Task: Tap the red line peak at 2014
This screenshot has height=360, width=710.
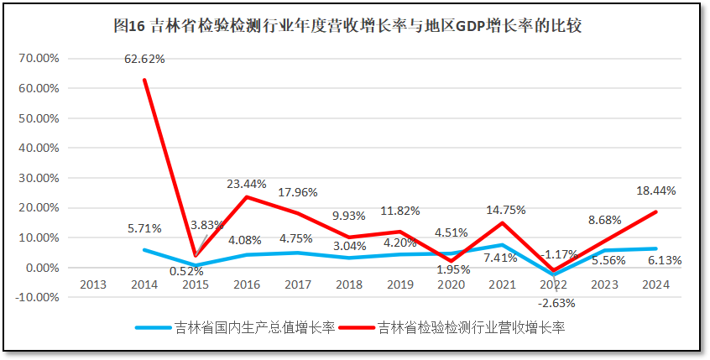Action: [x=144, y=80]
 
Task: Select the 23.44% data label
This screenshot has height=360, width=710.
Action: [x=248, y=184]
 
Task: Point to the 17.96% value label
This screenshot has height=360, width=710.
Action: [x=297, y=192]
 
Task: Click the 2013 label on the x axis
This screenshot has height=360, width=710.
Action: [x=92, y=284]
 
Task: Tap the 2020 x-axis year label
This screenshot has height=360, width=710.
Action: [x=452, y=284]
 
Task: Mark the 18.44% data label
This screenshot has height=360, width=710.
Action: [x=656, y=191]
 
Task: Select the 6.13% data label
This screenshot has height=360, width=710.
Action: [x=663, y=260]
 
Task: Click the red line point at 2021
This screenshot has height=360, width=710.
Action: [x=503, y=222]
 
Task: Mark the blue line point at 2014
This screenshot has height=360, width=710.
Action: [x=144, y=250]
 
